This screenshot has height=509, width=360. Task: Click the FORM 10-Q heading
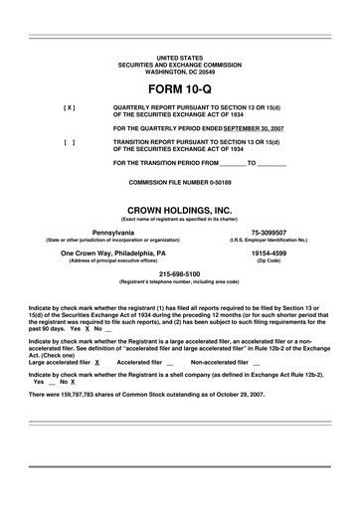click(179, 87)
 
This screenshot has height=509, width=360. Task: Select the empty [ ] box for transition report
click(69, 141)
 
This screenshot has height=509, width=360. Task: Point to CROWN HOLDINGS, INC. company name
click(179, 210)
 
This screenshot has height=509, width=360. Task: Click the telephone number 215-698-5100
click(179, 273)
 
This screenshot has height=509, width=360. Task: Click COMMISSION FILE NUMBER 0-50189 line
click(179, 183)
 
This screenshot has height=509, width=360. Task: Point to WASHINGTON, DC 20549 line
click(179, 72)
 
